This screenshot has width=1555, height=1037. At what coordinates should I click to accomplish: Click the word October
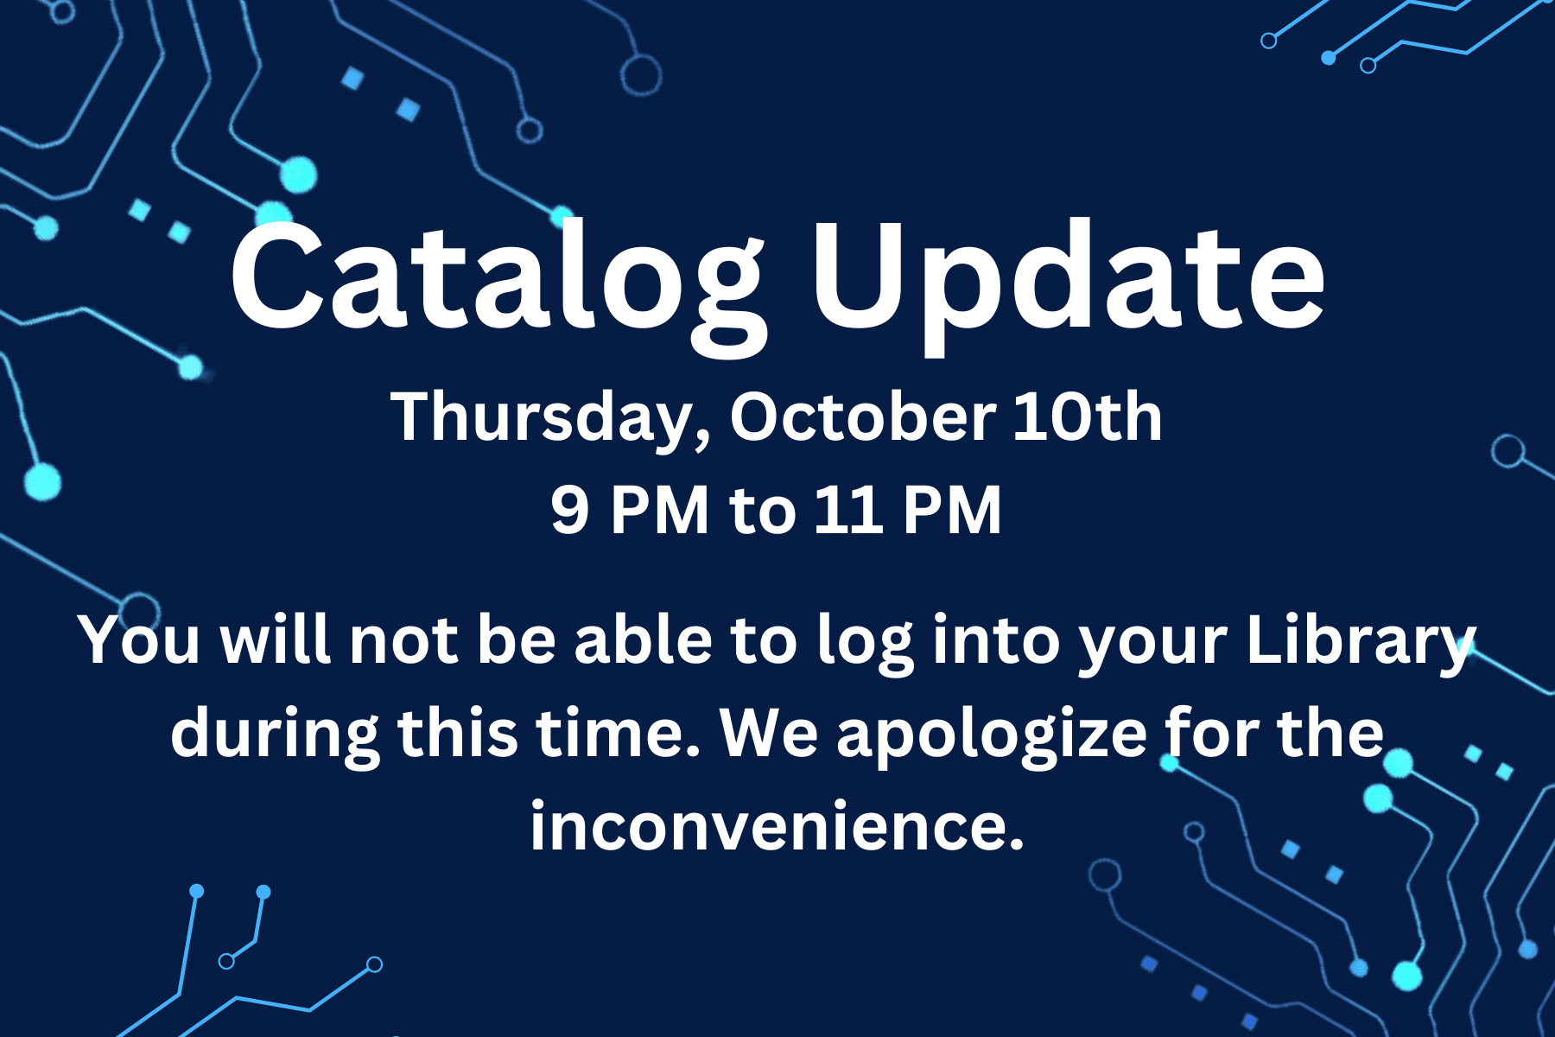click(x=863, y=417)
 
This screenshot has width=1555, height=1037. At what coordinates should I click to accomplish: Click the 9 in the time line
click(x=570, y=510)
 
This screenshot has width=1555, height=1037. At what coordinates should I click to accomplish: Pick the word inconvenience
click(x=777, y=824)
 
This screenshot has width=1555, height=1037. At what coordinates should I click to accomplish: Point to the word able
click(x=644, y=639)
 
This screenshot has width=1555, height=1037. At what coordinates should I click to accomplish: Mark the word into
click(x=996, y=640)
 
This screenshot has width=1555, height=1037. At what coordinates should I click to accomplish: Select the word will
click(x=276, y=639)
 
